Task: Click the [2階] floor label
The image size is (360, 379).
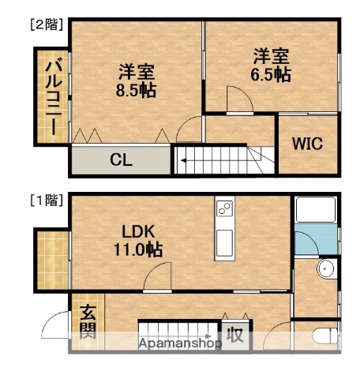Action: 47,24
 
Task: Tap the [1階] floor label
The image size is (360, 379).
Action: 47,200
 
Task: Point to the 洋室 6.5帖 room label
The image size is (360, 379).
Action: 272,66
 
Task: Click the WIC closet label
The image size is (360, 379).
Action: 306,144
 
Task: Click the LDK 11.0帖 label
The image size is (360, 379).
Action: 142,241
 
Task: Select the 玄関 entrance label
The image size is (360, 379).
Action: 87,322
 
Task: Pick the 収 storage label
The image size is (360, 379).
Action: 235,335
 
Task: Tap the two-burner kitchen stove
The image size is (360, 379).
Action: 224,210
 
